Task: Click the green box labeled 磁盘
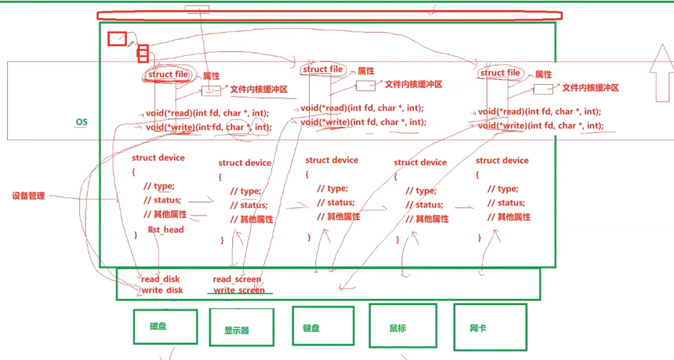(165, 326)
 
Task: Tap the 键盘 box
(323, 327)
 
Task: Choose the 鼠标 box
(403, 327)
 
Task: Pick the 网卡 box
(488, 328)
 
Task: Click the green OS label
(81, 122)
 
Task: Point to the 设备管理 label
(28, 196)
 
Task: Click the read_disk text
(160, 279)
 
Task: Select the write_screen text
(239, 290)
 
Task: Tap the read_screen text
(237, 279)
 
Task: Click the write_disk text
(162, 290)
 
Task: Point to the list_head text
(166, 230)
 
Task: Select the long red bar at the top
(330, 15)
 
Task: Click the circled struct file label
(168, 74)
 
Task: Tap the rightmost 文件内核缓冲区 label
(591, 88)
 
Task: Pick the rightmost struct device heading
(502, 160)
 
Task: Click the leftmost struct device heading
(158, 157)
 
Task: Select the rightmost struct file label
(501, 73)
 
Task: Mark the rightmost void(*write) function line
(541, 126)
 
